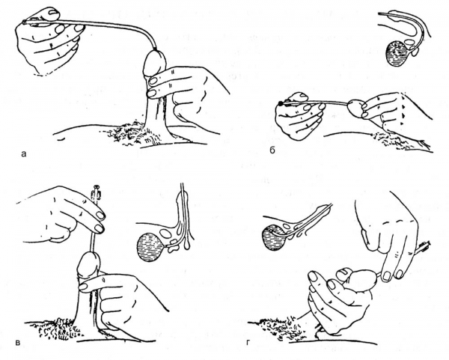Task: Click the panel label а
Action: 24,154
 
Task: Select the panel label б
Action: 272,150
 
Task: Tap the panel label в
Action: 18,342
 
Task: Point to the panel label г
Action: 248,342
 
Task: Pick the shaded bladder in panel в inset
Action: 149,247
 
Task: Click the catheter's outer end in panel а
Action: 24,22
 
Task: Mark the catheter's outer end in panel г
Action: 427,244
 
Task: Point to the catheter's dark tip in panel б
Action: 281,103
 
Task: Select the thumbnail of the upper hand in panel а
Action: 54,12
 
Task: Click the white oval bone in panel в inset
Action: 165,234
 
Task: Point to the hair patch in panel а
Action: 132,134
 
